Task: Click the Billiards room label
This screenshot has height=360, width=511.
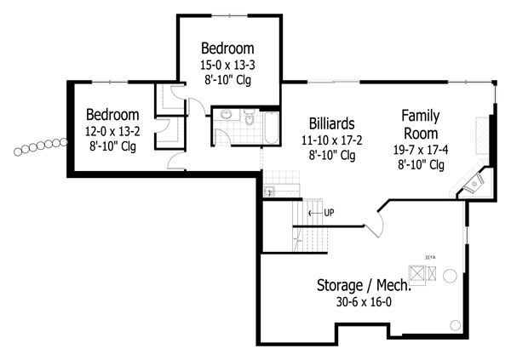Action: [332, 123]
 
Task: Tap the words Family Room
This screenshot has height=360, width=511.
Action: [421, 124]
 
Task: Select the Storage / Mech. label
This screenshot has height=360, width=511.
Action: [364, 285]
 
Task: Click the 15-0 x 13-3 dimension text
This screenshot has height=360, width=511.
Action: [227, 66]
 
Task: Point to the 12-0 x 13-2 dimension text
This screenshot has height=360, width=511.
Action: [112, 132]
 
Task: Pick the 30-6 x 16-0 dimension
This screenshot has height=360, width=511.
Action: [364, 302]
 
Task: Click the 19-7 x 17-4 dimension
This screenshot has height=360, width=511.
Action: [421, 150]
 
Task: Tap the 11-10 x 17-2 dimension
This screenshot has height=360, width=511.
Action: [332, 140]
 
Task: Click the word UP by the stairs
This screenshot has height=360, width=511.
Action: [329, 213]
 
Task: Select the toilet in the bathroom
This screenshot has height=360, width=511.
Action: [250, 118]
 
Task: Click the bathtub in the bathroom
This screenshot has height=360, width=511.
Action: [272, 128]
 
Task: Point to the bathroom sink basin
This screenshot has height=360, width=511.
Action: [226, 114]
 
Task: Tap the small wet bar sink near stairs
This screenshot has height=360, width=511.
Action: [269, 191]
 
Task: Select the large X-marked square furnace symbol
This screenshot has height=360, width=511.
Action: [417, 273]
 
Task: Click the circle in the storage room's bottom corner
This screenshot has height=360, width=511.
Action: [455, 325]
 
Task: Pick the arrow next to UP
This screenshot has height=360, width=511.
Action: [315, 214]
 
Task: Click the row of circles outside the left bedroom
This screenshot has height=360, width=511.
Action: [41, 146]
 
